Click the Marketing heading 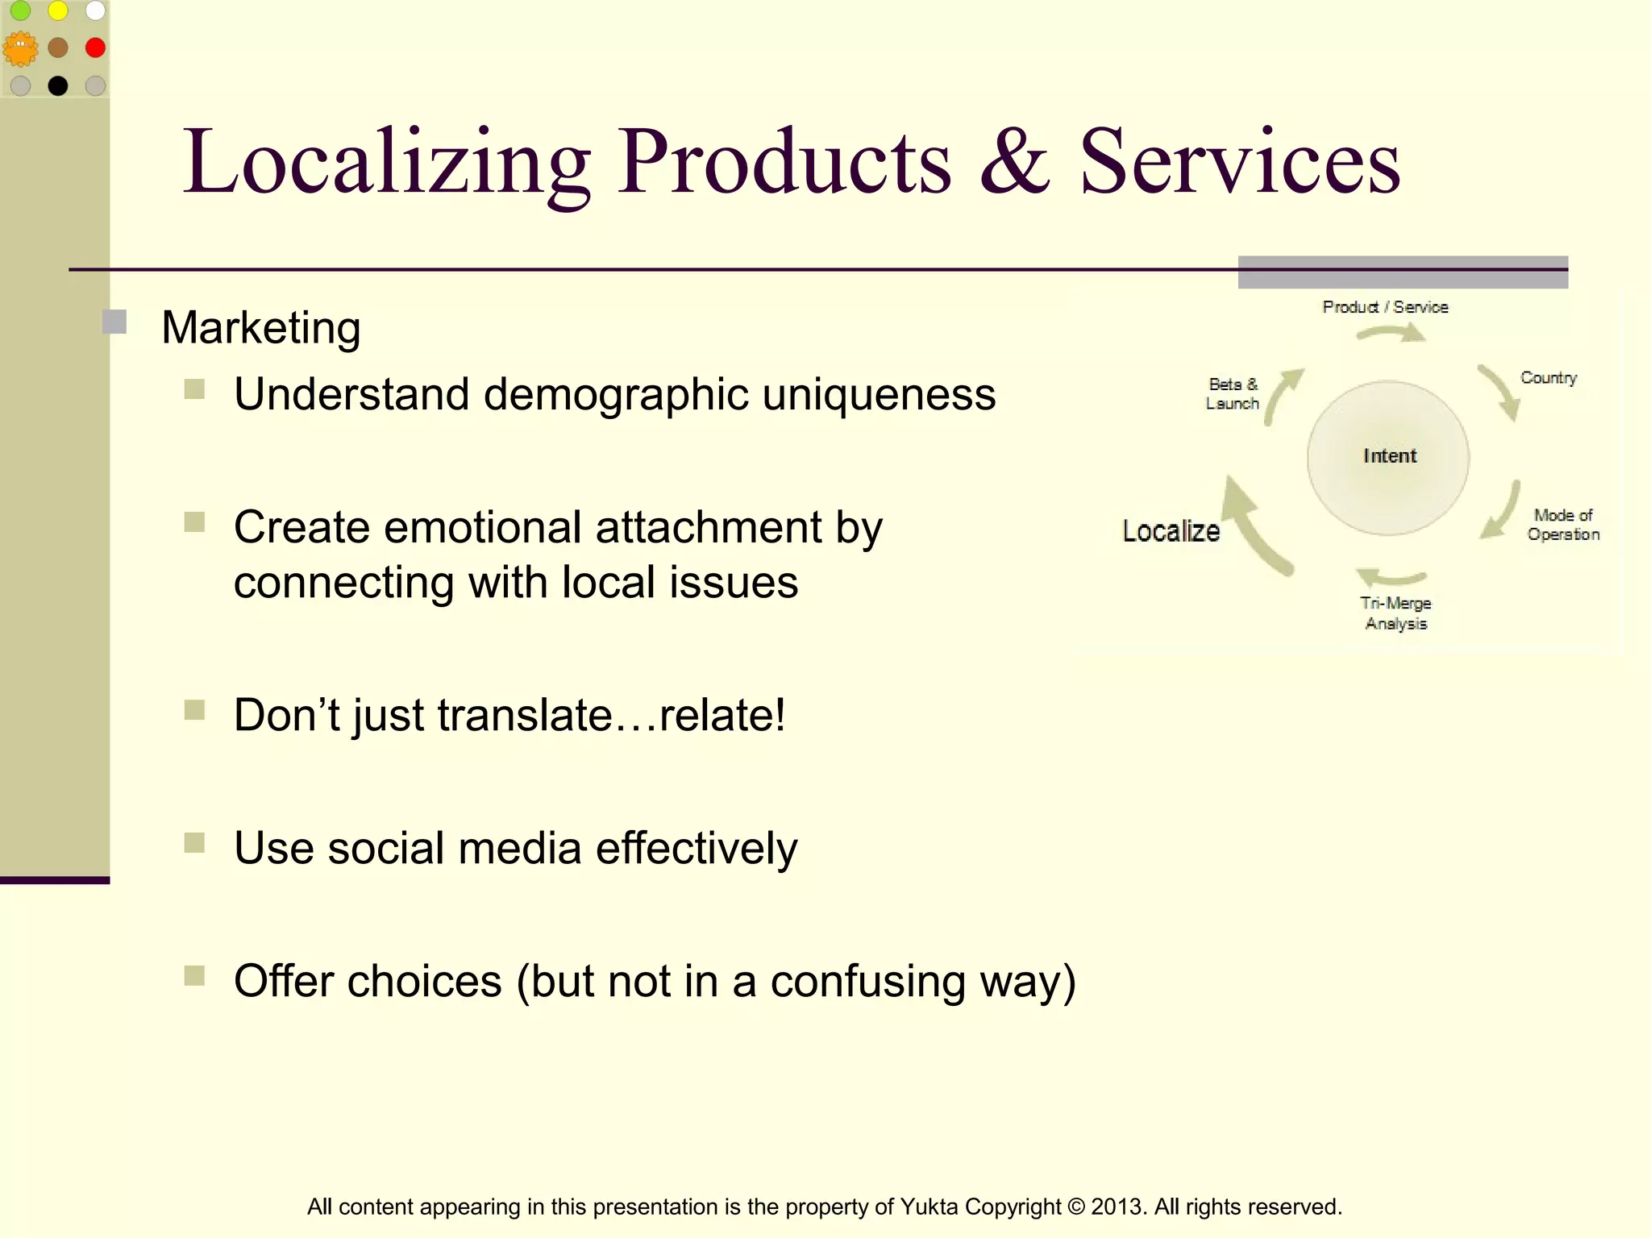[260, 328]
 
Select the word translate [525, 715]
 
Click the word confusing [867, 981]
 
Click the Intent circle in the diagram [1388, 457]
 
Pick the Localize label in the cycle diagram [1171, 531]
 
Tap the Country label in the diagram [1548, 378]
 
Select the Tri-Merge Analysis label [1395, 613]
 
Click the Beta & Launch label [1232, 394]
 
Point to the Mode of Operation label [1562, 525]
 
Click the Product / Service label [1385, 307]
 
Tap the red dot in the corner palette [95, 48]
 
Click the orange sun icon [20, 49]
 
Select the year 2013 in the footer [1117, 1207]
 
